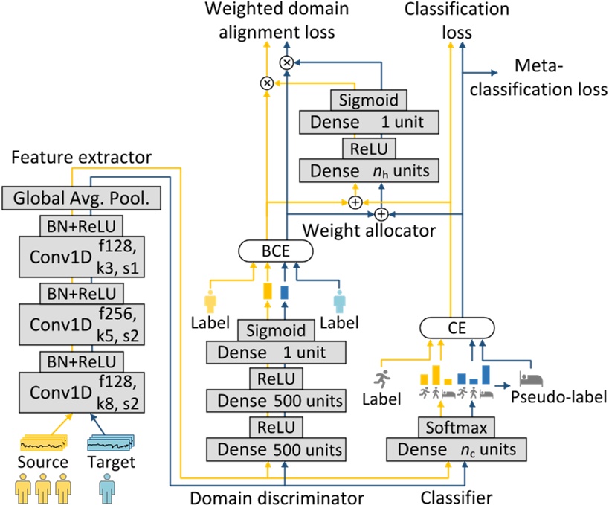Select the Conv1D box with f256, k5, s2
tap(78, 324)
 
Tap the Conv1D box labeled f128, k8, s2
tap(78, 394)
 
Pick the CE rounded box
tap(457, 327)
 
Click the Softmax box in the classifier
tap(457, 428)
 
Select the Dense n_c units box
tap(457, 449)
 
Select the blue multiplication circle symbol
tap(286, 62)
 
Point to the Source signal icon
tap(42, 443)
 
